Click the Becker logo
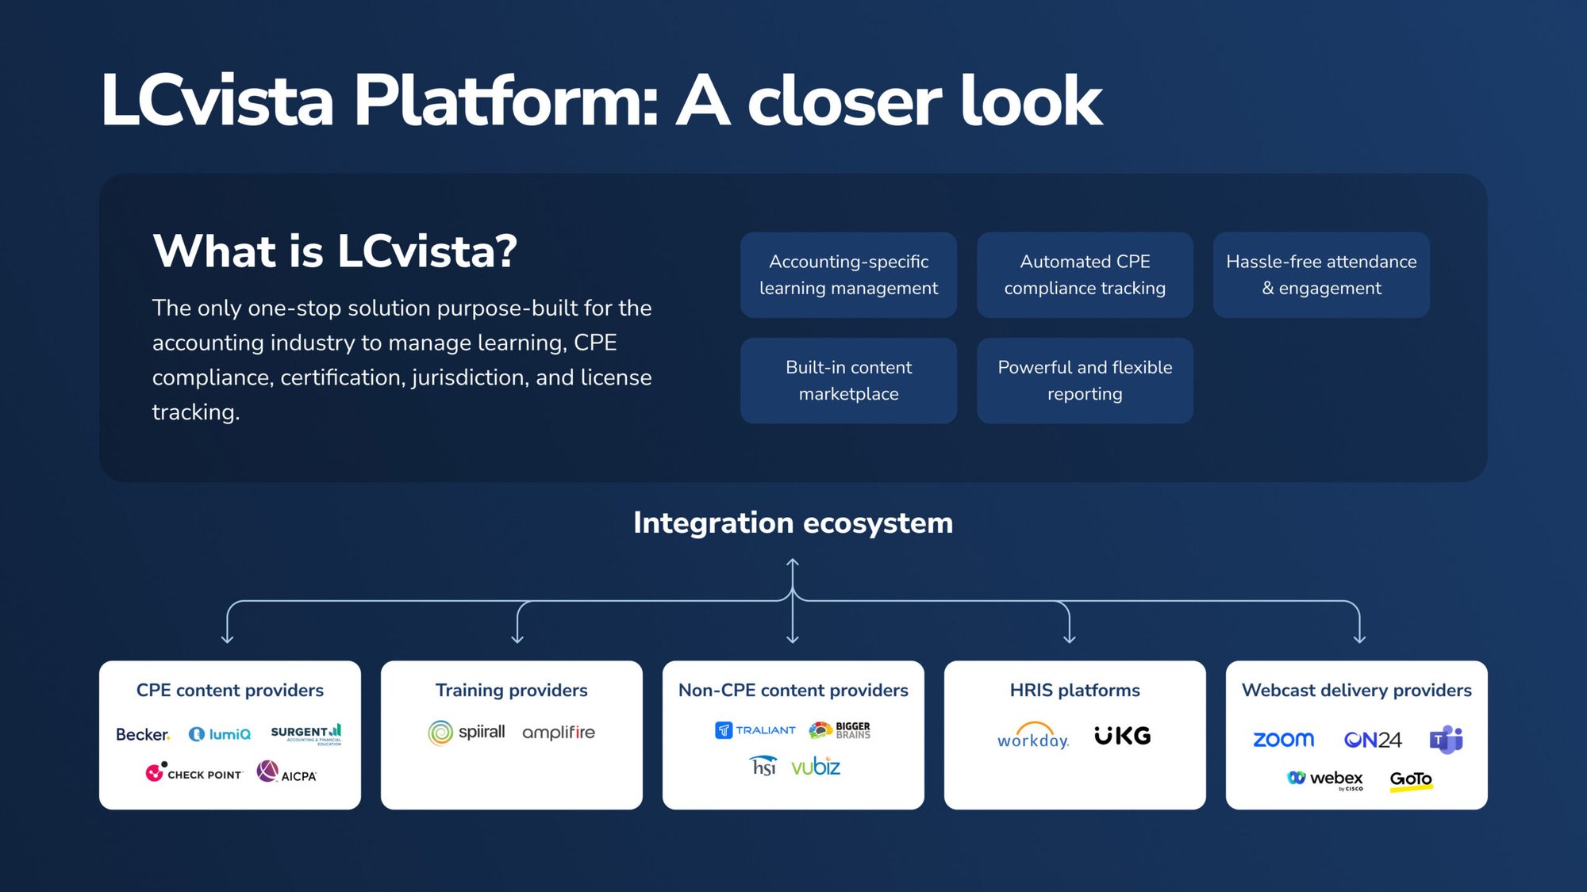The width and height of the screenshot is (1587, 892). [143, 734]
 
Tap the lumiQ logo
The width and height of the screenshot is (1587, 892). [220, 734]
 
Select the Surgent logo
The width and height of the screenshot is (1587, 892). [306, 733]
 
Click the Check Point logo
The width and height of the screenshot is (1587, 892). [194, 772]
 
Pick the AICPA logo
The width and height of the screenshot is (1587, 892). [286, 772]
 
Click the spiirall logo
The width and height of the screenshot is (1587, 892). [467, 732]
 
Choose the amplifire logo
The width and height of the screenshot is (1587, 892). [559, 732]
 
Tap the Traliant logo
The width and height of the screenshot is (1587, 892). [755, 730]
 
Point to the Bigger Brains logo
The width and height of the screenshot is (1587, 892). [840, 730]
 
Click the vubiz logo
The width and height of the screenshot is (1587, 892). [816, 766]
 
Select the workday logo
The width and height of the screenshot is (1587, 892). [1033, 736]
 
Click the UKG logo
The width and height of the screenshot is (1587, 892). [1122, 736]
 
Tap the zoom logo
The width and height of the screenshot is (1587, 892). [1283, 739]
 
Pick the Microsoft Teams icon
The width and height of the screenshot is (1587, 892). [1446, 739]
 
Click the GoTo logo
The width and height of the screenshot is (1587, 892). [1411, 779]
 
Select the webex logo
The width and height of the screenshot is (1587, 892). [1325, 779]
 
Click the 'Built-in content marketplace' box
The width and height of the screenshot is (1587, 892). [848, 381]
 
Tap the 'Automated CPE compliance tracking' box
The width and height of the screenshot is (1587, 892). [1085, 274]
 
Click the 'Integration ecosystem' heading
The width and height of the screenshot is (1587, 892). [793, 523]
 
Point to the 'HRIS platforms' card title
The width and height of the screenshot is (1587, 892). [1074, 690]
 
